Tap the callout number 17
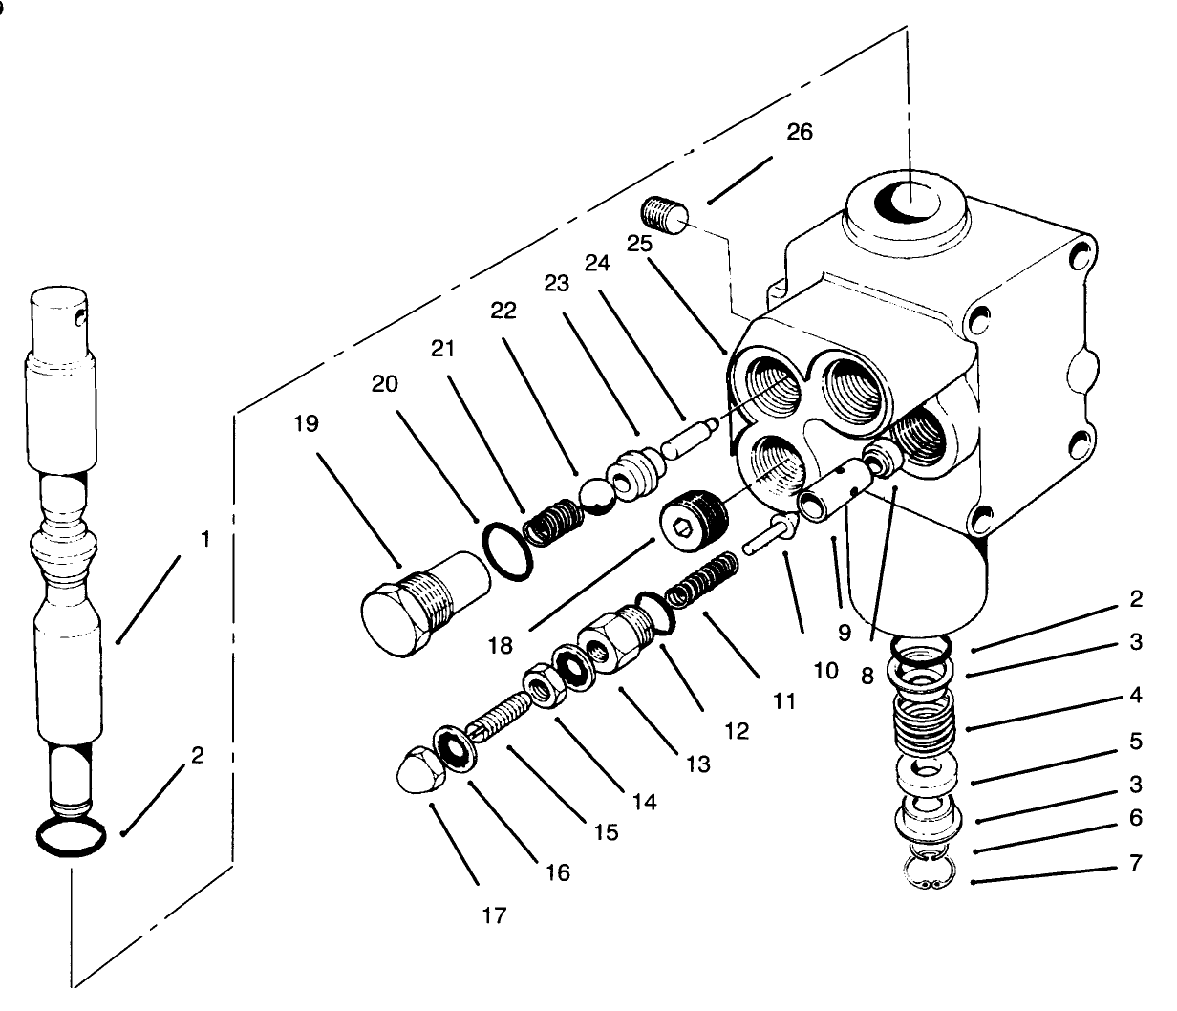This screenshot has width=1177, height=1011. [495, 915]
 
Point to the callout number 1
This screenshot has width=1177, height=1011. [204, 539]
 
